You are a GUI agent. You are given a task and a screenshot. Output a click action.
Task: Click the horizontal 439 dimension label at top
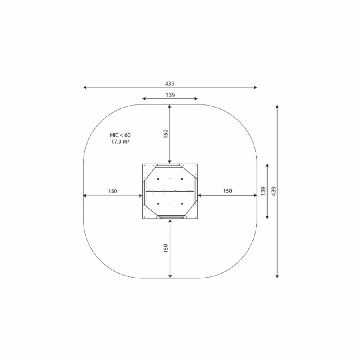[x=170, y=84]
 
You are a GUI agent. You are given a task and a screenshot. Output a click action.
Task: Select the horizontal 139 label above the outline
[x=170, y=95]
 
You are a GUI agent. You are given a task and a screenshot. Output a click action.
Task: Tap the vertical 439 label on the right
[x=274, y=191]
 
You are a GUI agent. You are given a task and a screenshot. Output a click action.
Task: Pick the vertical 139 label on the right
[x=263, y=191]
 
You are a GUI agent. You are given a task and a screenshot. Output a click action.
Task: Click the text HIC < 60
[x=120, y=135]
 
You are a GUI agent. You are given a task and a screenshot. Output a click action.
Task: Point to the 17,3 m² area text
[x=120, y=142]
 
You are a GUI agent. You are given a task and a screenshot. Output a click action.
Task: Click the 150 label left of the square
[x=112, y=191]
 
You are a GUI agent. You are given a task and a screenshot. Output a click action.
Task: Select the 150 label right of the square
[x=227, y=191]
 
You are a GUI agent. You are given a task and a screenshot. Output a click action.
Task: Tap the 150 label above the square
[x=166, y=134]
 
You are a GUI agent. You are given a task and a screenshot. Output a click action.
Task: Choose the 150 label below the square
[x=166, y=248]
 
